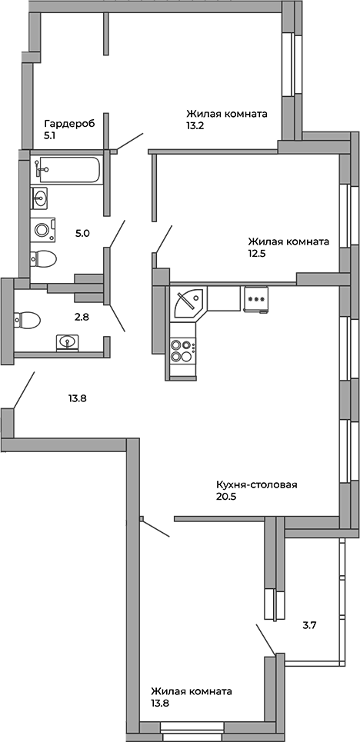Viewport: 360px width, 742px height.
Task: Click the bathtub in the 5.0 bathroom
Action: [68, 169]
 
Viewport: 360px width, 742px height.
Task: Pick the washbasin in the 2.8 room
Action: [68, 341]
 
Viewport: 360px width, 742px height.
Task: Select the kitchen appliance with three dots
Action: [255, 299]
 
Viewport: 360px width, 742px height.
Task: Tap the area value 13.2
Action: [195, 127]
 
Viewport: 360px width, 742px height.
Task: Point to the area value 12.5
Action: [252, 254]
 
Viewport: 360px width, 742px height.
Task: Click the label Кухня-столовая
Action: [256, 484]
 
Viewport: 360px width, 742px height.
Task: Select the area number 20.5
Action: [225, 497]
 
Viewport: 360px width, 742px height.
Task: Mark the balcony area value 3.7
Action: [309, 625]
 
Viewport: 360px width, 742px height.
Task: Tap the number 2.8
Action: [82, 317]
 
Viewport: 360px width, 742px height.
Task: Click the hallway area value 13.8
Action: [76, 398]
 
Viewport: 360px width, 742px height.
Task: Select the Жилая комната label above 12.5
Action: [289, 241]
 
